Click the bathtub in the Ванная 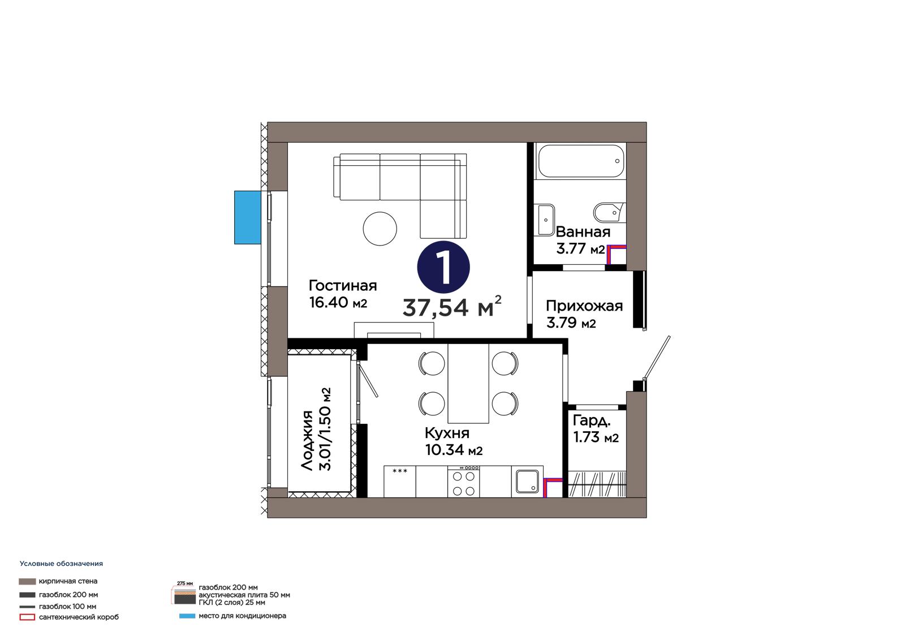point(581,161)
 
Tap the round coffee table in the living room point(380,229)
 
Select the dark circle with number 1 point(443,267)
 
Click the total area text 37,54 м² point(453,307)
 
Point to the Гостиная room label point(343,286)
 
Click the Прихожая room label point(584,306)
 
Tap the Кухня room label point(447,433)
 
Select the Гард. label point(592,421)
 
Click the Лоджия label point(308,440)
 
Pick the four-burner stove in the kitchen point(463,482)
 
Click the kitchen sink point(527,482)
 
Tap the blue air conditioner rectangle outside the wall point(248,217)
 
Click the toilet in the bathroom point(609,213)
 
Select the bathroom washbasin point(545,220)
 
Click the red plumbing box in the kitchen point(552,488)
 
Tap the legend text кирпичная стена point(68,581)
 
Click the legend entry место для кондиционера point(243,616)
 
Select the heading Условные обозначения point(62,564)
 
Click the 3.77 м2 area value point(580,248)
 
